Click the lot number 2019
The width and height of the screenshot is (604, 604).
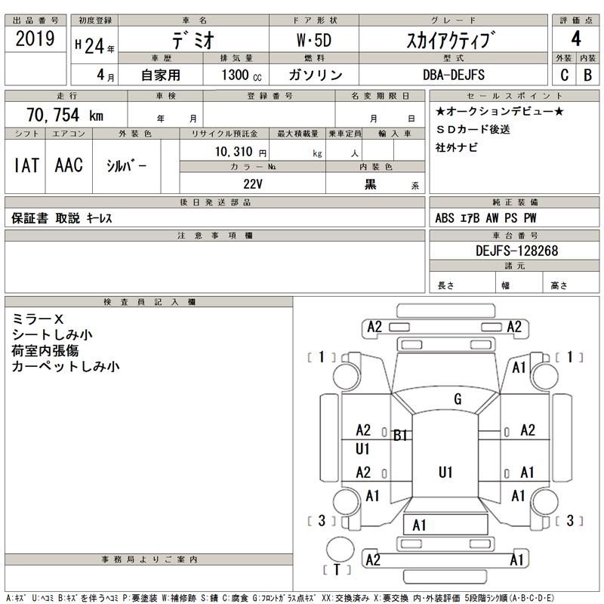click(35, 40)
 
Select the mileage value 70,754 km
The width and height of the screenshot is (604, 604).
click(64, 115)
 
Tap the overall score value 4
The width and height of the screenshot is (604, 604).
click(575, 38)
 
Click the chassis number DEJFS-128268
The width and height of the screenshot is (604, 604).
click(517, 251)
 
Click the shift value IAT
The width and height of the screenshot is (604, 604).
click(27, 165)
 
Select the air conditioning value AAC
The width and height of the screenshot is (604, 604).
click(69, 165)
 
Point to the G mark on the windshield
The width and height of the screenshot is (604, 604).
click(458, 399)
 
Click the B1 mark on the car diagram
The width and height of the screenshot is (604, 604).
click(400, 434)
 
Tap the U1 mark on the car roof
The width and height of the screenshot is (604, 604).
click(445, 472)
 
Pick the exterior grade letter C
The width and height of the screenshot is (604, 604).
click(564, 75)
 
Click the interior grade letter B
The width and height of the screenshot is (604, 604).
click(587, 75)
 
